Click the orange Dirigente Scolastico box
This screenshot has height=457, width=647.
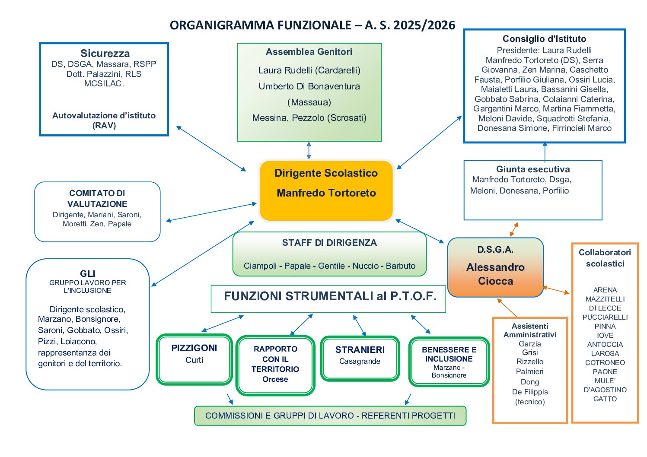click(x=326, y=190)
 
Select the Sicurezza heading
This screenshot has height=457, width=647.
click(x=105, y=54)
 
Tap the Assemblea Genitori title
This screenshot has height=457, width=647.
click(x=309, y=52)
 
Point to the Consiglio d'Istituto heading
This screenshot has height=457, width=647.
click(x=544, y=39)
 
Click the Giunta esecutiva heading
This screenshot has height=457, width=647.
click(x=532, y=169)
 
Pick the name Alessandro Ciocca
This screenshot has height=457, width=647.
click(x=495, y=274)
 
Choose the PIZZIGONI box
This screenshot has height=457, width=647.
click(x=194, y=359)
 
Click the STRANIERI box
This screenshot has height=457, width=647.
click(x=360, y=358)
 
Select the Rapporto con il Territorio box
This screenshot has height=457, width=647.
click(x=275, y=365)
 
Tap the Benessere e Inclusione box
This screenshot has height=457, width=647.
click(x=449, y=361)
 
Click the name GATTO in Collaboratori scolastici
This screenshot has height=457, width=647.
click(x=605, y=399)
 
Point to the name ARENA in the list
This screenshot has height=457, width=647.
click(x=605, y=290)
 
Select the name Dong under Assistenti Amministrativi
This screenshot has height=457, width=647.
click(x=530, y=382)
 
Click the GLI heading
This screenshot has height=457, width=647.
click(x=87, y=273)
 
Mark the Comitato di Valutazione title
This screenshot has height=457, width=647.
click(x=97, y=198)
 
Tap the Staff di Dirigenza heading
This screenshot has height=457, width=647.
click(x=329, y=243)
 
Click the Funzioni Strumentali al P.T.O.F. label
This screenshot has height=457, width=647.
click(x=330, y=296)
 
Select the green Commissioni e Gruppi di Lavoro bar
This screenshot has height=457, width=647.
click(x=330, y=416)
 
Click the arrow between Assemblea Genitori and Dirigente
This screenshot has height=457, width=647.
click(x=309, y=150)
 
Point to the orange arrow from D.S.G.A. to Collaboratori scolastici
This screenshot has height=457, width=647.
click(x=556, y=290)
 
